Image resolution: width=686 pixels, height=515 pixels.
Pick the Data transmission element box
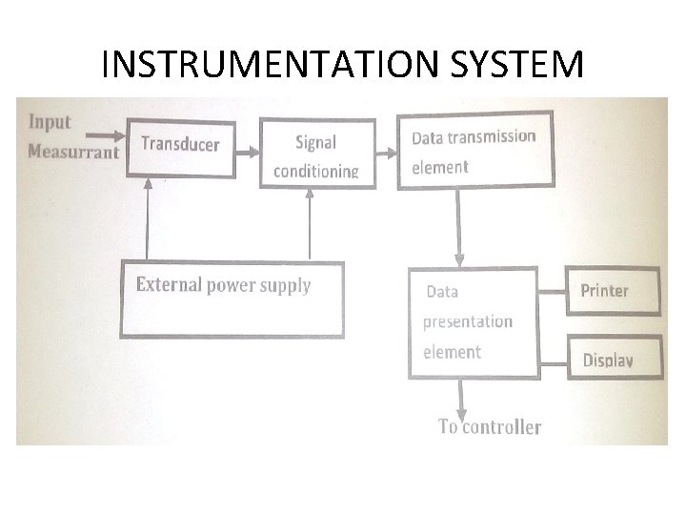pyautogui.click(x=474, y=152)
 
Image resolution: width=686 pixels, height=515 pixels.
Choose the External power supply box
pyautogui.click(x=232, y=299)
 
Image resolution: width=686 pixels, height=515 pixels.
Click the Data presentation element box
pyautogui.click(x=473, y=322)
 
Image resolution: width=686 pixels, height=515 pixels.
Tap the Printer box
pyautogui.click(x=613, y=292)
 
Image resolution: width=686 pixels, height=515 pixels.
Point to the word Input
pyautogui.click(x=50, y=121)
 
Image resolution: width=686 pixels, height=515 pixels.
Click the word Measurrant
pyautogui.click(x=73, y=152)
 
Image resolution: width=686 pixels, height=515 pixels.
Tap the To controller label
pyautogui.click(x=490, y=427)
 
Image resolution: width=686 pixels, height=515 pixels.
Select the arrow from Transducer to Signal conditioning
pyautogui.click(x=247, y=151)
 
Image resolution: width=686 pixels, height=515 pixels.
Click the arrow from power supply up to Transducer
pyautogui.click(x=148, y=219)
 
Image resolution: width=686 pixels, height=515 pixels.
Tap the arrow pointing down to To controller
pyautogui.click(x=460, y=397)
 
